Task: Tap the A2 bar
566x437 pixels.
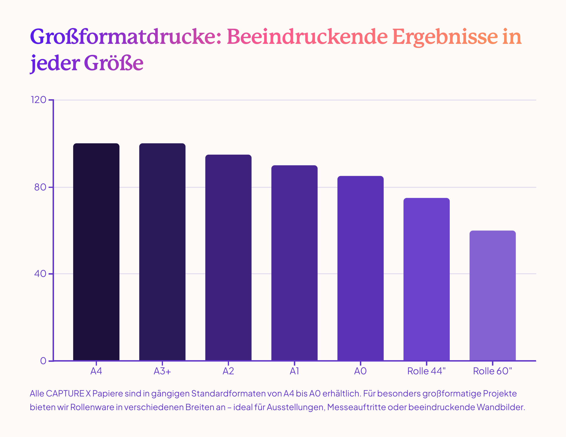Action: (x=228, y=257)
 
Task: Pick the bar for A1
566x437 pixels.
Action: (x=294, y=263)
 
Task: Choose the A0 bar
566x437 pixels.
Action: (x=361, y=268)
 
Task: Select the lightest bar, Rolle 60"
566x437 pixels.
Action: (x=493, y=295)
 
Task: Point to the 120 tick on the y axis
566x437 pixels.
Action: (x=38, y=100)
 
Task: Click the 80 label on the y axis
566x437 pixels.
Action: (x=40, y=187)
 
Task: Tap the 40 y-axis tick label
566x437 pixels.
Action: (x=40, y=274)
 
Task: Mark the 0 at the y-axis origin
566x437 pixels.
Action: (x=43, y=361)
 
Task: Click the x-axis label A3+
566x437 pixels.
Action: (x=162, y=371)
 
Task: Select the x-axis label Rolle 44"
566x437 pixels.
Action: (x=426, y=371)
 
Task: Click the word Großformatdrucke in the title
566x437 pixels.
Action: (x=126, y=37)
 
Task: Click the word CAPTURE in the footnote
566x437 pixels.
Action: (x=65, y=393)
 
